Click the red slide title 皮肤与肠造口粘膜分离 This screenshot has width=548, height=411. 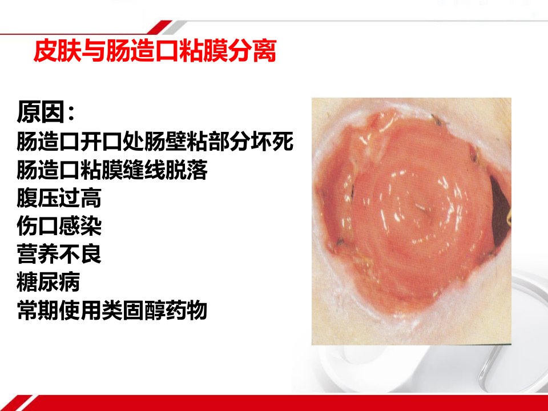[155, 51]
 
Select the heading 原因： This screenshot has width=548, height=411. [46, 112]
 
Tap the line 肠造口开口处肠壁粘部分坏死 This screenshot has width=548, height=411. [155, 142]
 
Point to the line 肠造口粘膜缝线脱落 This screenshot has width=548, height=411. [112, 170]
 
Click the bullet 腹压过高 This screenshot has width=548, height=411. [59, 198]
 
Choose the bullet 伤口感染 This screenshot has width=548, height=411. [59, 226]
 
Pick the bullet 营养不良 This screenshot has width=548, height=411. [59, 254]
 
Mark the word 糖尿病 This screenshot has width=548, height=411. [48, 282]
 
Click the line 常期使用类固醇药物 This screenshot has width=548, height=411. [112, 311]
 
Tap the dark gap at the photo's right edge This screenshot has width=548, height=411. [501, 209]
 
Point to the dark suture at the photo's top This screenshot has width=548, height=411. [439, 121]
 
